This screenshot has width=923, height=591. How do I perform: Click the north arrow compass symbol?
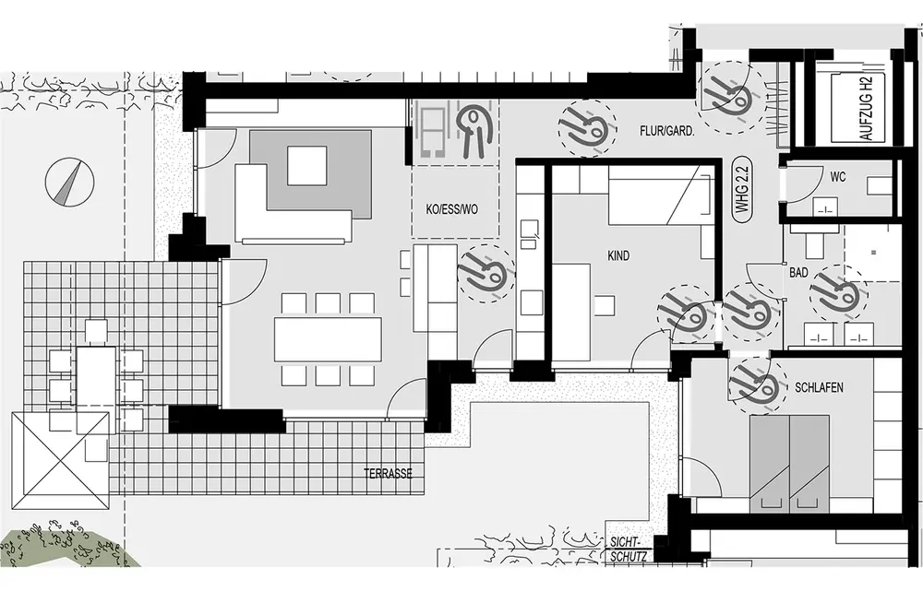[x=69, y=182]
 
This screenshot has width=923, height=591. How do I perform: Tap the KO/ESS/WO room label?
[x=452, y=209]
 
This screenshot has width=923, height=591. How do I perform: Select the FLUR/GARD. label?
[x=666, y=132]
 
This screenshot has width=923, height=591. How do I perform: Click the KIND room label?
[x=617, y=255]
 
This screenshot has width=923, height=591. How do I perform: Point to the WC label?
[x=837, y=177]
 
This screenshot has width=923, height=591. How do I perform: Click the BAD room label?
[x=798, y=273]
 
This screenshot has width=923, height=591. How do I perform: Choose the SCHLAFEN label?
[x=819, y=388]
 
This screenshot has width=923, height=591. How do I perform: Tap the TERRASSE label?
[x=388, y=474]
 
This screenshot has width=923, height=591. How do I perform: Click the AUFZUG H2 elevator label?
[x=865, y=110]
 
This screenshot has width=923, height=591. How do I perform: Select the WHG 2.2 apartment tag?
[x=741, y=190]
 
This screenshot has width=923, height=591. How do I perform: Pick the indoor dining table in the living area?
[x=328, y=339]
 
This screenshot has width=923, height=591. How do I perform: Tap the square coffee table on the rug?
[x=306, y=166]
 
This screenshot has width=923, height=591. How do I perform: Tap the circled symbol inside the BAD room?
[x=837, y=292]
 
